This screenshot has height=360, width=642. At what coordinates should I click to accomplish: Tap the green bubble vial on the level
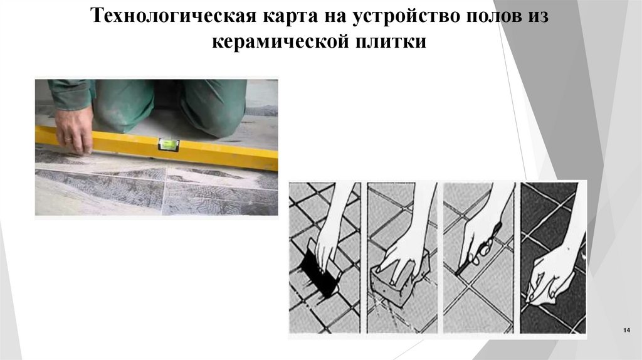pyautogui.click(x=167, y=144)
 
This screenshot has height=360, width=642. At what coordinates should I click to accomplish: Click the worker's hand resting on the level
pyautogui.click(x=75, y=129)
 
